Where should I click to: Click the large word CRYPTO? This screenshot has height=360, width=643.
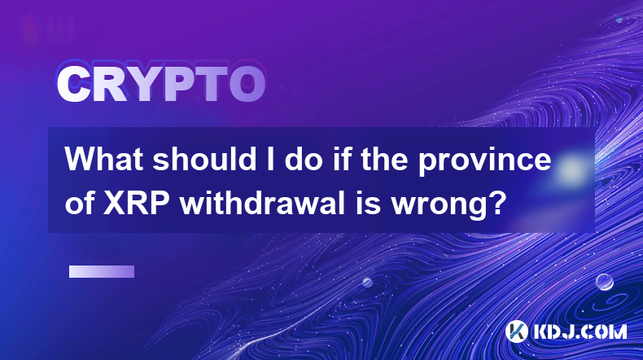pyautogui.click(x=161, y=85)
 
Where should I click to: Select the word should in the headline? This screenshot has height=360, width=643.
pyautogui.click(x=204, y=159)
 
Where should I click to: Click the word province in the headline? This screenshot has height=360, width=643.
pyautogui.click(x=485, y=162)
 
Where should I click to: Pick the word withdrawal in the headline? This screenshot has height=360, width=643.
pyautogui.click(x=261, y=203)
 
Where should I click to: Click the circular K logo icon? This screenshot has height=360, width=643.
pyautogui.click(x=516, y=331)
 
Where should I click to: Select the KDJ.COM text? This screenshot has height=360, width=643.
pyautogui.click(x=580, y=331)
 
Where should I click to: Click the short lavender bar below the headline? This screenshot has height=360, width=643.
pyautogui.click(x=102, y=272)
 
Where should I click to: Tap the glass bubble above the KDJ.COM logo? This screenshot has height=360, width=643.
pyautogui.click(x=604, y=282)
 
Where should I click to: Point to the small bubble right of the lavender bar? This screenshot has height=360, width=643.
pyautogui.click(x=367, y=282)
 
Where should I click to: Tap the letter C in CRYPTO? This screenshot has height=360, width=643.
pyautogui.click(x=73, y=85)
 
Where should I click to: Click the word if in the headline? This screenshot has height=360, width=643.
pyautogui.click(x=343, y=159)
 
